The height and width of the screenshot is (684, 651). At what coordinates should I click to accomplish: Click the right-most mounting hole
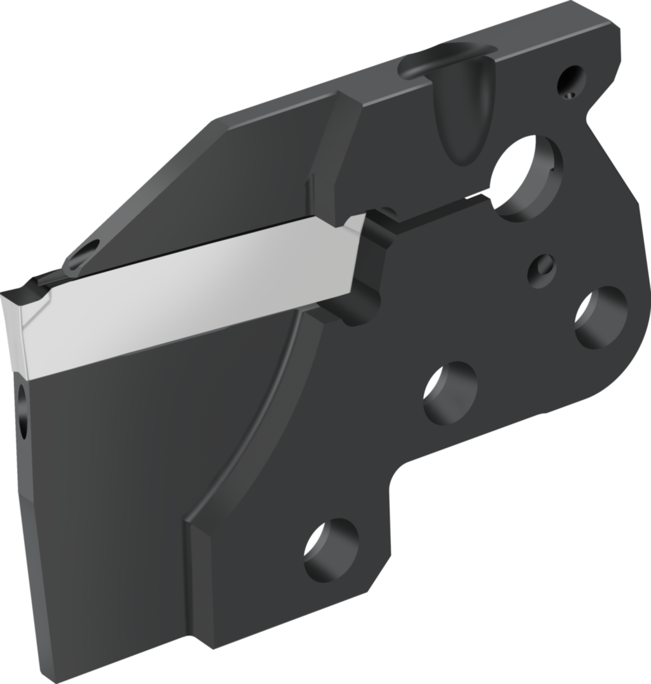(x=600, y=317)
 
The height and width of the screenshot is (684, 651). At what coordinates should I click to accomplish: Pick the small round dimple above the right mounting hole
(x=542, y=270)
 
